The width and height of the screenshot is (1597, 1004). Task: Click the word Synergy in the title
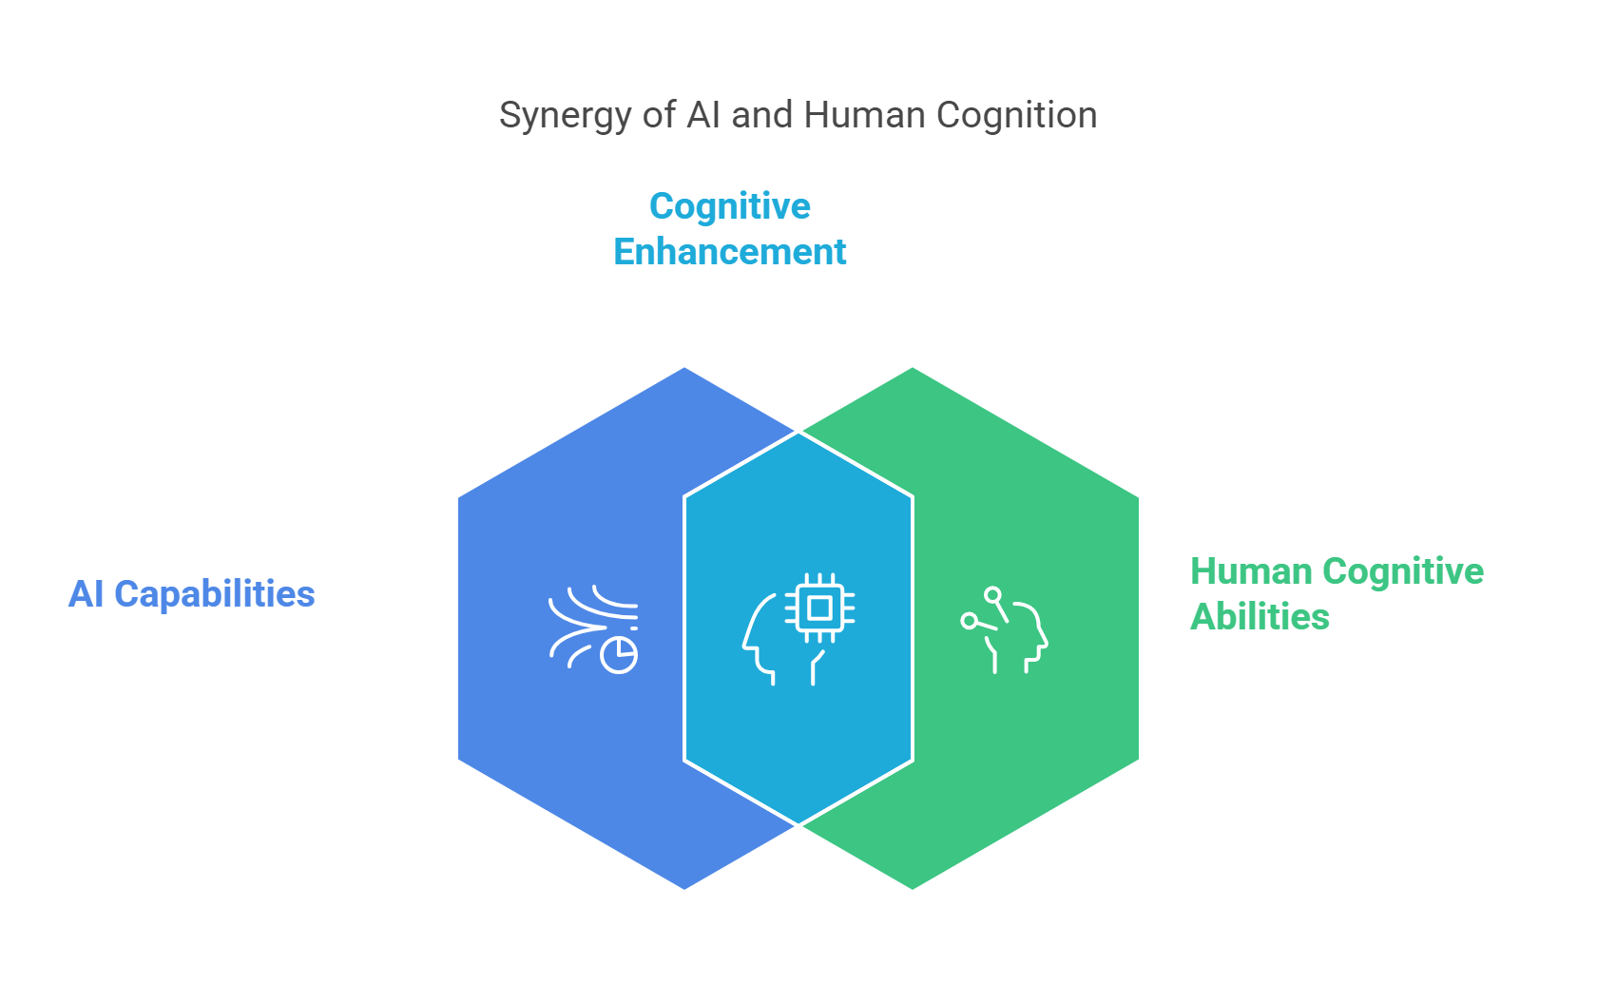[565, 116]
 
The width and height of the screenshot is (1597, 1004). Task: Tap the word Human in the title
[865, 115]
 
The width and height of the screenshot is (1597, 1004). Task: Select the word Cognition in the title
[1017, 116]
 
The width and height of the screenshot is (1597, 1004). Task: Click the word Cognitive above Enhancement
[729, 207]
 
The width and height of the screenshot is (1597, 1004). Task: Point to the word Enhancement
[729, 252]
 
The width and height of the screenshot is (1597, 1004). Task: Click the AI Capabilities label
[191, 594]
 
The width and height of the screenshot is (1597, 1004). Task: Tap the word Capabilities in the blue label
[215, 594]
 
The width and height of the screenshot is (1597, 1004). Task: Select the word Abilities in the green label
[1260, 617]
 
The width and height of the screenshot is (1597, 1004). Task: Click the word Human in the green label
[1251, 571]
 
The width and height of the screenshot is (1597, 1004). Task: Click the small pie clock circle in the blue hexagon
[619, 655]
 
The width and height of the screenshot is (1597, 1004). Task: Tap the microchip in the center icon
[819, 608]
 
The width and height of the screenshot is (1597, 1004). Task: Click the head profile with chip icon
[798, 629]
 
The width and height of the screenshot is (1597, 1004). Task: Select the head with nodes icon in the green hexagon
[1004, 630]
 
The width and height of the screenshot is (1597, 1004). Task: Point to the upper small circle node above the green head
[993, 595]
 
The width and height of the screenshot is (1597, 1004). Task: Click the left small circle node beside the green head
[969, 621]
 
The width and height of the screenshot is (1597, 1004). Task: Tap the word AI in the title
[703, 115]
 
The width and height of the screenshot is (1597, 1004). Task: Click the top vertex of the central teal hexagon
[798, 432]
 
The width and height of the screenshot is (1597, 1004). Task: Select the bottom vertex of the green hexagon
[913, 889]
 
